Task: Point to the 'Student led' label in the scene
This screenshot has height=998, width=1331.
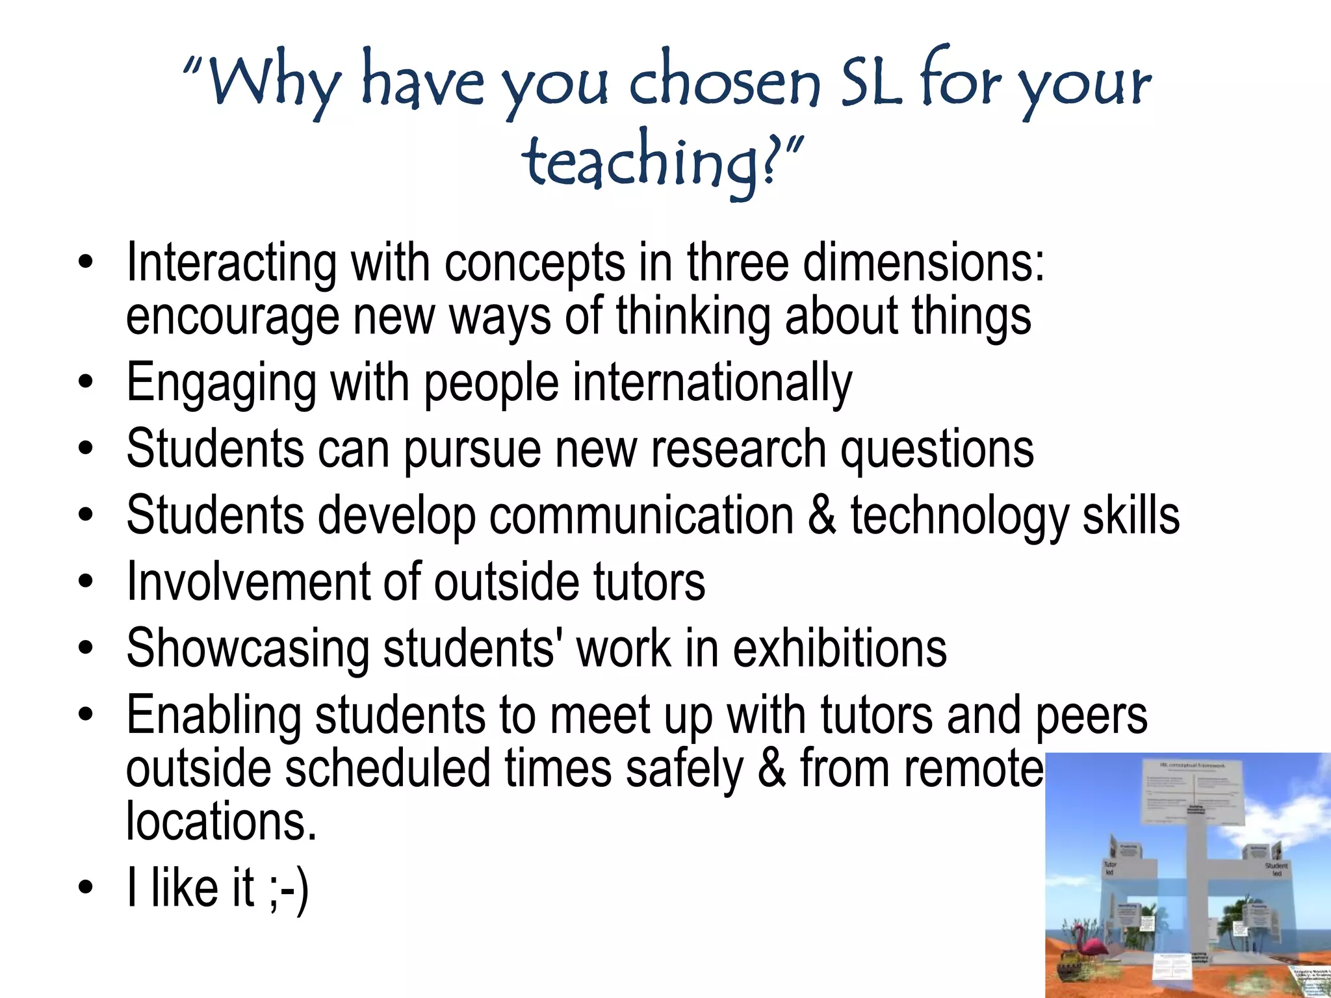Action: coord(1276,869)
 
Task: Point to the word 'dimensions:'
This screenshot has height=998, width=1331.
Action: coord(924,263)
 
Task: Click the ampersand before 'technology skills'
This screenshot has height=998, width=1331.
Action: coord(821,515)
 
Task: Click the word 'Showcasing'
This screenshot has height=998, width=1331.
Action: coord(247,648)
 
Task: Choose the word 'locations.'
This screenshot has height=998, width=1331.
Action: coord(221,821)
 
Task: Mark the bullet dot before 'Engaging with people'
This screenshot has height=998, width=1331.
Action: coord(85,383)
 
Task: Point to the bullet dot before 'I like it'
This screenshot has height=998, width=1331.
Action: coord(85,888)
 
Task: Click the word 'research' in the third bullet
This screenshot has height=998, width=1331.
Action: coord(738,450)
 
